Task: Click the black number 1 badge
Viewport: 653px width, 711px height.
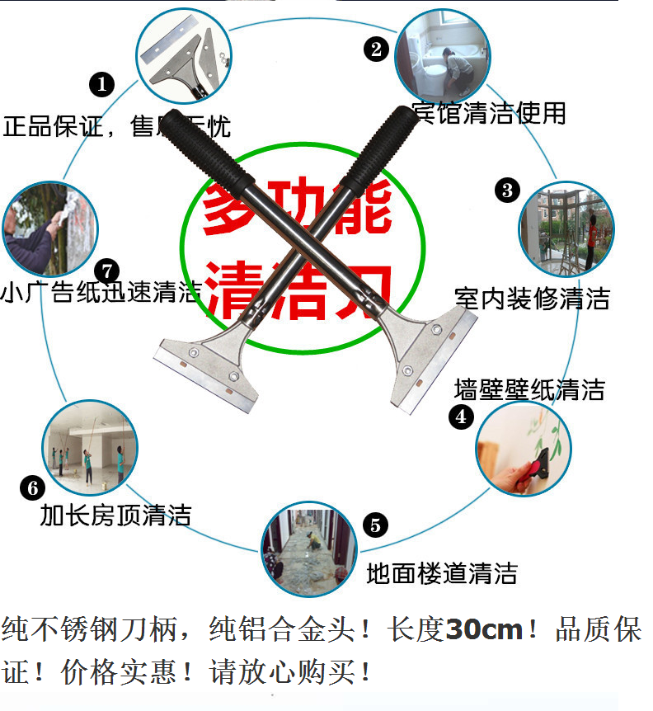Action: (101, 83)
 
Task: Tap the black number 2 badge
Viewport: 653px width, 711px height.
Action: (376, 49)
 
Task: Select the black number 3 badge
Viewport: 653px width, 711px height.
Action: (507, 191)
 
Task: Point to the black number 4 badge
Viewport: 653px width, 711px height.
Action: (461, 417)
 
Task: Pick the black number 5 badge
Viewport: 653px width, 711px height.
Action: (375, 525)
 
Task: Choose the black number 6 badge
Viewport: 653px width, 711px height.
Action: (32, 487)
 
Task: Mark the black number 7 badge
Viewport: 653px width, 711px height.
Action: (107, 271)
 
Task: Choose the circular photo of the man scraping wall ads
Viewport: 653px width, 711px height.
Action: (50, 227)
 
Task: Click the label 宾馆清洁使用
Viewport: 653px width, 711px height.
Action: (490, 112)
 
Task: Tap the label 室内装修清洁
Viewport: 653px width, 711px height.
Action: (533, 298)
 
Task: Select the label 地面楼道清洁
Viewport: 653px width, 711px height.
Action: (442, 572)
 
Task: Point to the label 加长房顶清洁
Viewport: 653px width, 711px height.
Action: (116, 516)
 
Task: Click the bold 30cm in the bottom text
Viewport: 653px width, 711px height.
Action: (485, 631)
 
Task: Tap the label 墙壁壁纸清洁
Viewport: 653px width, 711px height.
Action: (529, 388)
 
